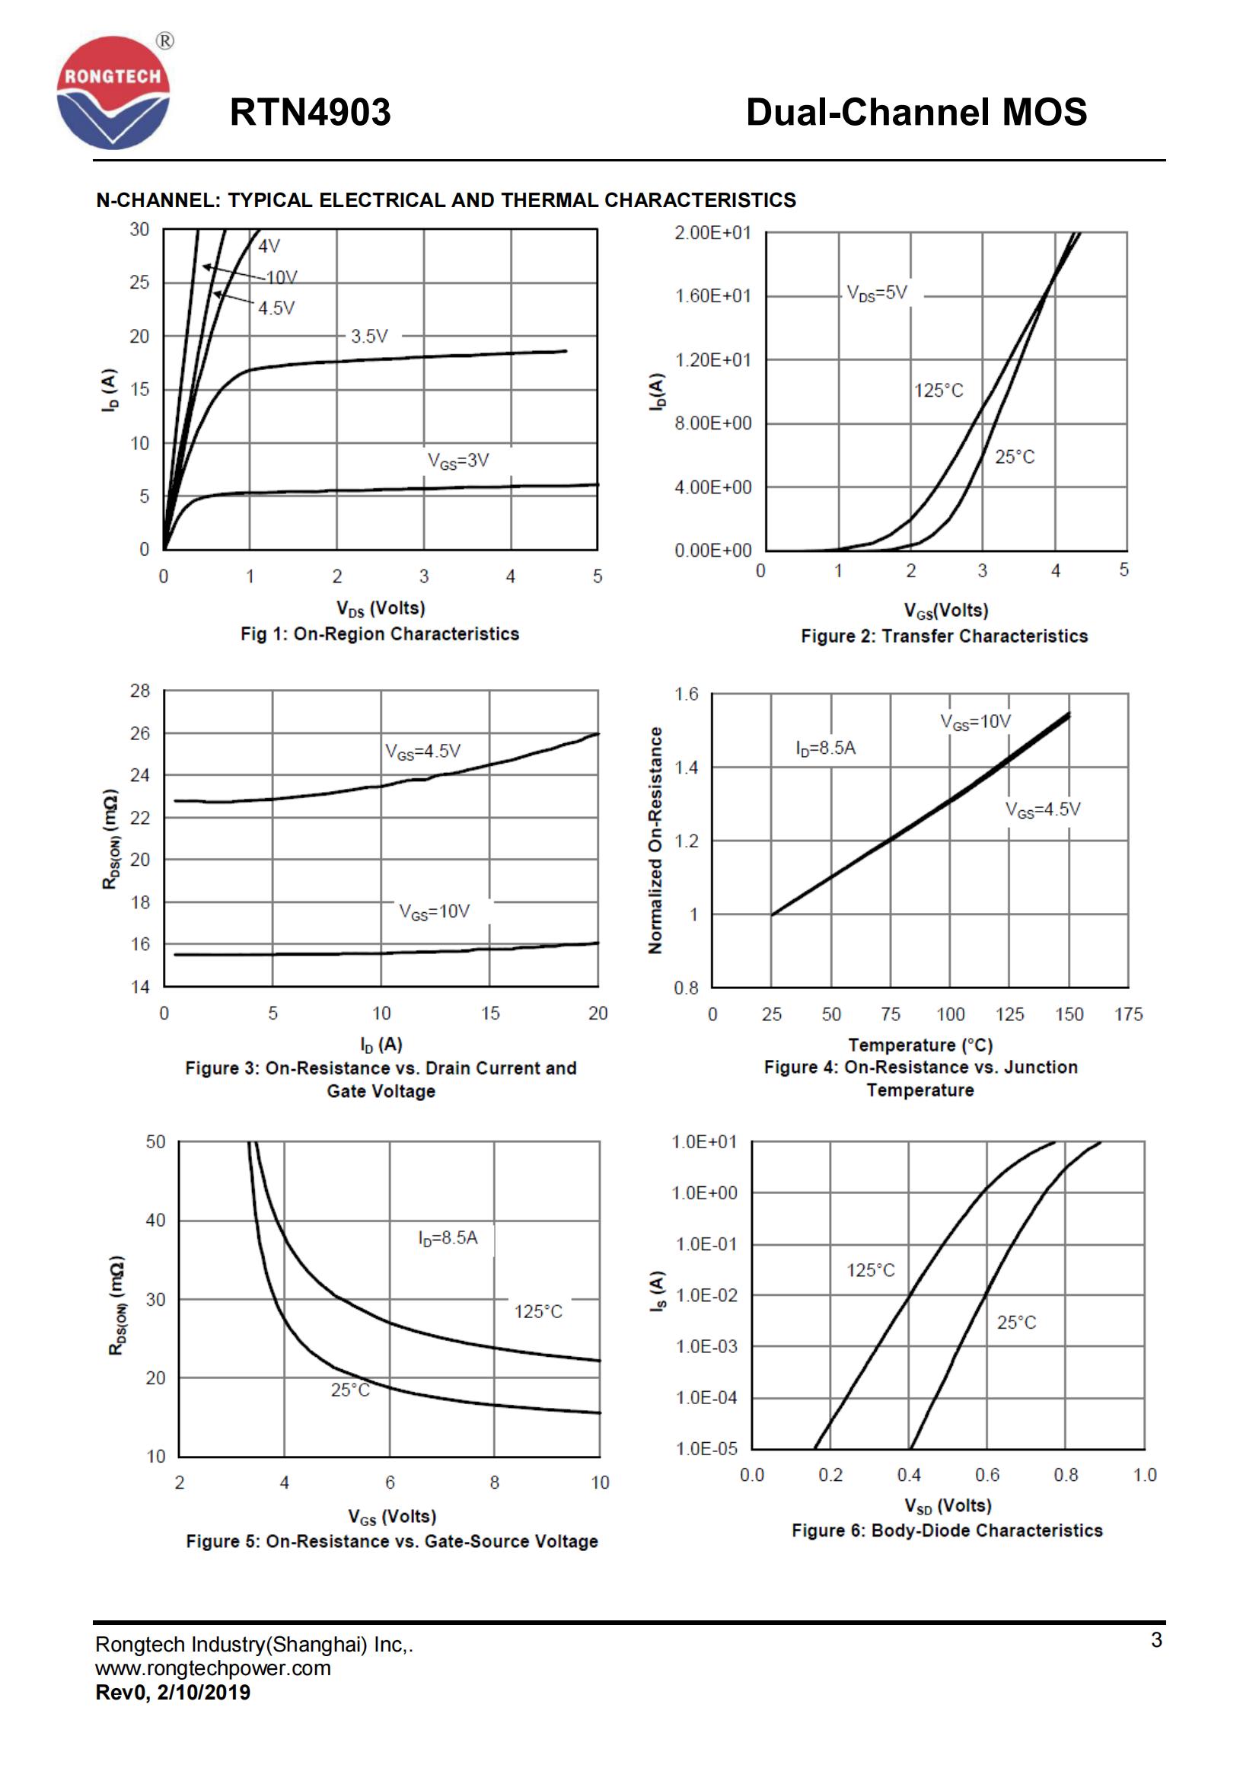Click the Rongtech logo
pyautogui.click(x=113, y=92)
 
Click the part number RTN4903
pyautogui.click(x=310, y=113)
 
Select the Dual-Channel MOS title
pyautogui.click(x=916, y=113)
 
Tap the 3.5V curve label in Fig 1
pyautogui.click(x=369, y=337)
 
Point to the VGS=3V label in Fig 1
pyautogui.click(x=458, y=461)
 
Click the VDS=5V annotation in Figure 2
pyautogui.click(x=876, y=293)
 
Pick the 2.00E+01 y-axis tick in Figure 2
pyautogui.click(x=712, y=233)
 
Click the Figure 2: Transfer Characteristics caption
pyautogui.click(x=943, y=636)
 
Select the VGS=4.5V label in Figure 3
pyautogui.click(x=422, y=752)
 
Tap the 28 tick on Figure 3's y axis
pyautogui.click(x=140, y=691)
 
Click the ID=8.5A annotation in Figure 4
pyautogui.click(x=826, y=748)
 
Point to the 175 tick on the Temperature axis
pyautogui.click(x=1128, y=1013)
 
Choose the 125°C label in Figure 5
pyautogui.click(x=538, y=1312)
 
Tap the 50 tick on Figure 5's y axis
pyautogui.click(x=156, y=1142)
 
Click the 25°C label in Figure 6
pyautogui.click(x=1015, y=1323)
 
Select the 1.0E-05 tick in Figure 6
pyautogui.click(x=706, y=1448)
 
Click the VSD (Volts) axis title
pyautogui.click(x=948, y=1505)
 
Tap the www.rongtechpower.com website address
pyautogui.click(x=213, y=1668)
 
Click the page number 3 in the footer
pyautogui.click(x=1156, y=1640)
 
